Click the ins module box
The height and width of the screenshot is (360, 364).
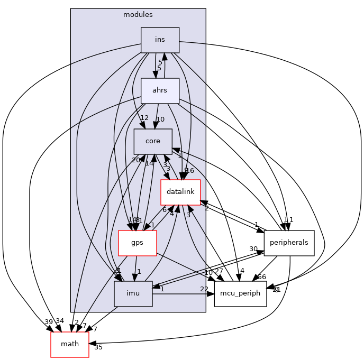(160, 40)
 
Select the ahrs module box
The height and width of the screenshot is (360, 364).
(160, 90)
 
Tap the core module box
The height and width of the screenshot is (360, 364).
(153, 141)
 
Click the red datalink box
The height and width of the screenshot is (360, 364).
(180, 192)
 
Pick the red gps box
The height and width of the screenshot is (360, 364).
(137, 243)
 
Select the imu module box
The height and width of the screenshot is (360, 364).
(133, 293)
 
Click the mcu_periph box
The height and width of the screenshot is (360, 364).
(240, 293)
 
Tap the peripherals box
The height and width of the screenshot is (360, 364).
(289, 243)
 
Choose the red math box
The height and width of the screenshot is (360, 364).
(70, 344)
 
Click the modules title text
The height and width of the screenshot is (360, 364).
(138, 14)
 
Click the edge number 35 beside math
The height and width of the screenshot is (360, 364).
(98, 347)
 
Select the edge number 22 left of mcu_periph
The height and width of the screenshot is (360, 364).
(204, 288)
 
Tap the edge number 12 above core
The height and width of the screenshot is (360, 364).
(144, 117)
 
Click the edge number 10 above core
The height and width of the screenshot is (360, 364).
(160, 119)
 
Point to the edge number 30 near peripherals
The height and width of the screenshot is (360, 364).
(254, 249)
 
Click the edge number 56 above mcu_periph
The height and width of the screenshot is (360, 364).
(261, 277)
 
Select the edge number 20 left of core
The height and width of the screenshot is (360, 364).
(136, 160)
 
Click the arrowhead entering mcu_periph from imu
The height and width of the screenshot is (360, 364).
(211, 293)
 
